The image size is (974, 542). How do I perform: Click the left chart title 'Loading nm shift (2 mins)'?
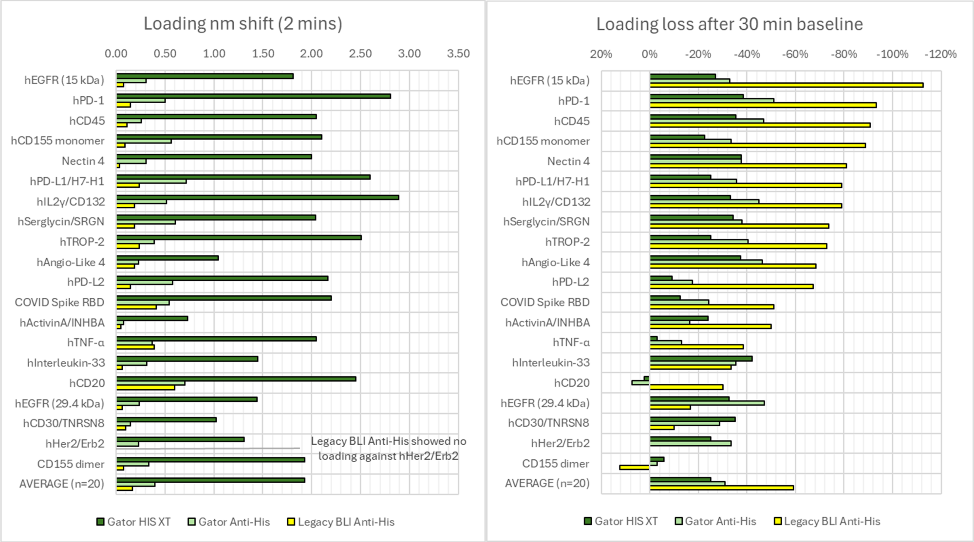(x=243, y=24)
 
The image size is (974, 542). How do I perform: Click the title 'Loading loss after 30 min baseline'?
(x=729, y=24)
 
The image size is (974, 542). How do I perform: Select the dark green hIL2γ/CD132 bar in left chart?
(x=257, y=198)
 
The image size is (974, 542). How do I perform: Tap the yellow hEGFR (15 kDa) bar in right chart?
(x=786, y=85)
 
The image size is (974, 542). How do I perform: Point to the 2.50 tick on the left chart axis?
(x=360, y=54)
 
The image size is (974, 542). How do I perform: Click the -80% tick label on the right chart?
(x=843, y=54)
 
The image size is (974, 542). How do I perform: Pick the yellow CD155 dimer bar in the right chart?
(x=634, y=468)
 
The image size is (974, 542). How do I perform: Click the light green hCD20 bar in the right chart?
(x=640, y=383)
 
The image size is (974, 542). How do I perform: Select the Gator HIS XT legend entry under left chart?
(x=134, y=522)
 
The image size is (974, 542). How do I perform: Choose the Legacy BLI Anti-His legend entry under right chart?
(x=827, y=522)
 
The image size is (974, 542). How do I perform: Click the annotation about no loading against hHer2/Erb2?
(x=388, y=449)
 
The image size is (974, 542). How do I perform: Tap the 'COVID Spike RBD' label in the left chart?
(x=59, y=303)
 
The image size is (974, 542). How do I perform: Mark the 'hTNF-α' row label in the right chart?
(x=571, y=343)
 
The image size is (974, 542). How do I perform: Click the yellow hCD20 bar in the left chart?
(x=145, y=388)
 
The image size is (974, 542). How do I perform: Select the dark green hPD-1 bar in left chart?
(x=253, y=96)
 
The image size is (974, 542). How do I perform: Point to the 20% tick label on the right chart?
(x=600, y=54)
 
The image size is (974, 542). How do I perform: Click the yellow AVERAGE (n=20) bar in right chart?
(x=721, y=488)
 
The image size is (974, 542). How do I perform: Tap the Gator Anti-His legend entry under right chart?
(x=715, y=522)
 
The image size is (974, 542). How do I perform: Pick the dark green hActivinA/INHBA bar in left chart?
(x=152, y=319)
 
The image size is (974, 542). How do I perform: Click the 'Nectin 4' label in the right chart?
(x=568, y=162)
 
